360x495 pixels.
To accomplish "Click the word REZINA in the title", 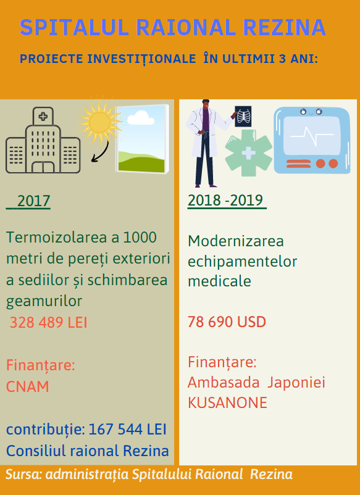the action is (284, 27).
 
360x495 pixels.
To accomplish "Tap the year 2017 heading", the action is (33, 201).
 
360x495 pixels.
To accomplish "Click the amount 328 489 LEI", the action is (48, 323).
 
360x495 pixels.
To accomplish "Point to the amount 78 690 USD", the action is (227, 322).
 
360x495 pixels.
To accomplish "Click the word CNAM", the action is (28, 387).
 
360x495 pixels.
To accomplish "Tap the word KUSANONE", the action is (227, 403).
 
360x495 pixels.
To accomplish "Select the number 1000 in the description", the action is (140, 238).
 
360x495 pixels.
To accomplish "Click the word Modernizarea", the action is (236, 241).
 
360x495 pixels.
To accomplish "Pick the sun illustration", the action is (99, 122).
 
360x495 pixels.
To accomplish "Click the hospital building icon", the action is (43, 140).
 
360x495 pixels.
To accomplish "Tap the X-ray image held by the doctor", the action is (243, 117).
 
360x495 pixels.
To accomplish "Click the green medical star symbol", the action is (248, 153).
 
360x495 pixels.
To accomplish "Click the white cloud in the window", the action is (141, 118).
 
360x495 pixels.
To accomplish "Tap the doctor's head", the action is (206, 104).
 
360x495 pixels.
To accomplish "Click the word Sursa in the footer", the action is (23, 475).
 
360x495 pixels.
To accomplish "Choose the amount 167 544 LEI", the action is (127, 430).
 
